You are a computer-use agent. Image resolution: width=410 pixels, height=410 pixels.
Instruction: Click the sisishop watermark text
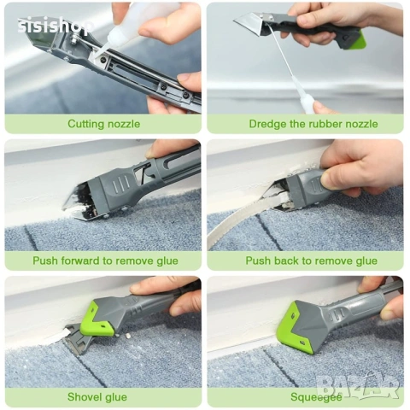point(56,26)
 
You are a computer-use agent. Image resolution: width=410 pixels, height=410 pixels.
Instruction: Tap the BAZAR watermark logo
point(358,386)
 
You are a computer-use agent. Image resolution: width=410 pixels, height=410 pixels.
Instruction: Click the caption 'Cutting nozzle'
point(104,124)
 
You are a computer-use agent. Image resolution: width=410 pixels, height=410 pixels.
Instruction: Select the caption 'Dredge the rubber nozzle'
point(313,124)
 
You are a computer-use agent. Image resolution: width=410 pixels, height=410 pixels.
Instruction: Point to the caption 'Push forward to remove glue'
point(105,261)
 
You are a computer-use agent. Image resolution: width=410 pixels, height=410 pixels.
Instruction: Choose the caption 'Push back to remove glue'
point(312,261)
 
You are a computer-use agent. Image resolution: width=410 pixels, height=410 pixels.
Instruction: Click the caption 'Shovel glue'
point(97,397)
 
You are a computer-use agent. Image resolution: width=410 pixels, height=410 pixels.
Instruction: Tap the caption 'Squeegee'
point(316,397)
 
